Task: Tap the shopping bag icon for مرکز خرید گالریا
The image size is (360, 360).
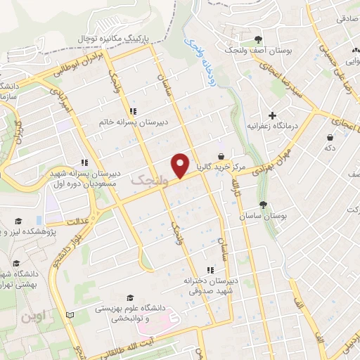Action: (221, 156)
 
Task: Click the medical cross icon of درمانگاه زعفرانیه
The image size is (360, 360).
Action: (272, 115)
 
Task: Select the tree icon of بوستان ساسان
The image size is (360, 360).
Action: (263, 205)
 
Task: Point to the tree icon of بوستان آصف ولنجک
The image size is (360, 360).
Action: (259, 39)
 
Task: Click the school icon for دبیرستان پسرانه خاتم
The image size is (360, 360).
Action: (133, 110)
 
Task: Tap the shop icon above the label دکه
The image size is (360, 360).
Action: (330, 138)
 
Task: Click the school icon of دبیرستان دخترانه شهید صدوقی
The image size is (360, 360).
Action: (209, 270)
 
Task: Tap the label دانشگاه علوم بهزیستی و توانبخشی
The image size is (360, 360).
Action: (139, 313)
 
